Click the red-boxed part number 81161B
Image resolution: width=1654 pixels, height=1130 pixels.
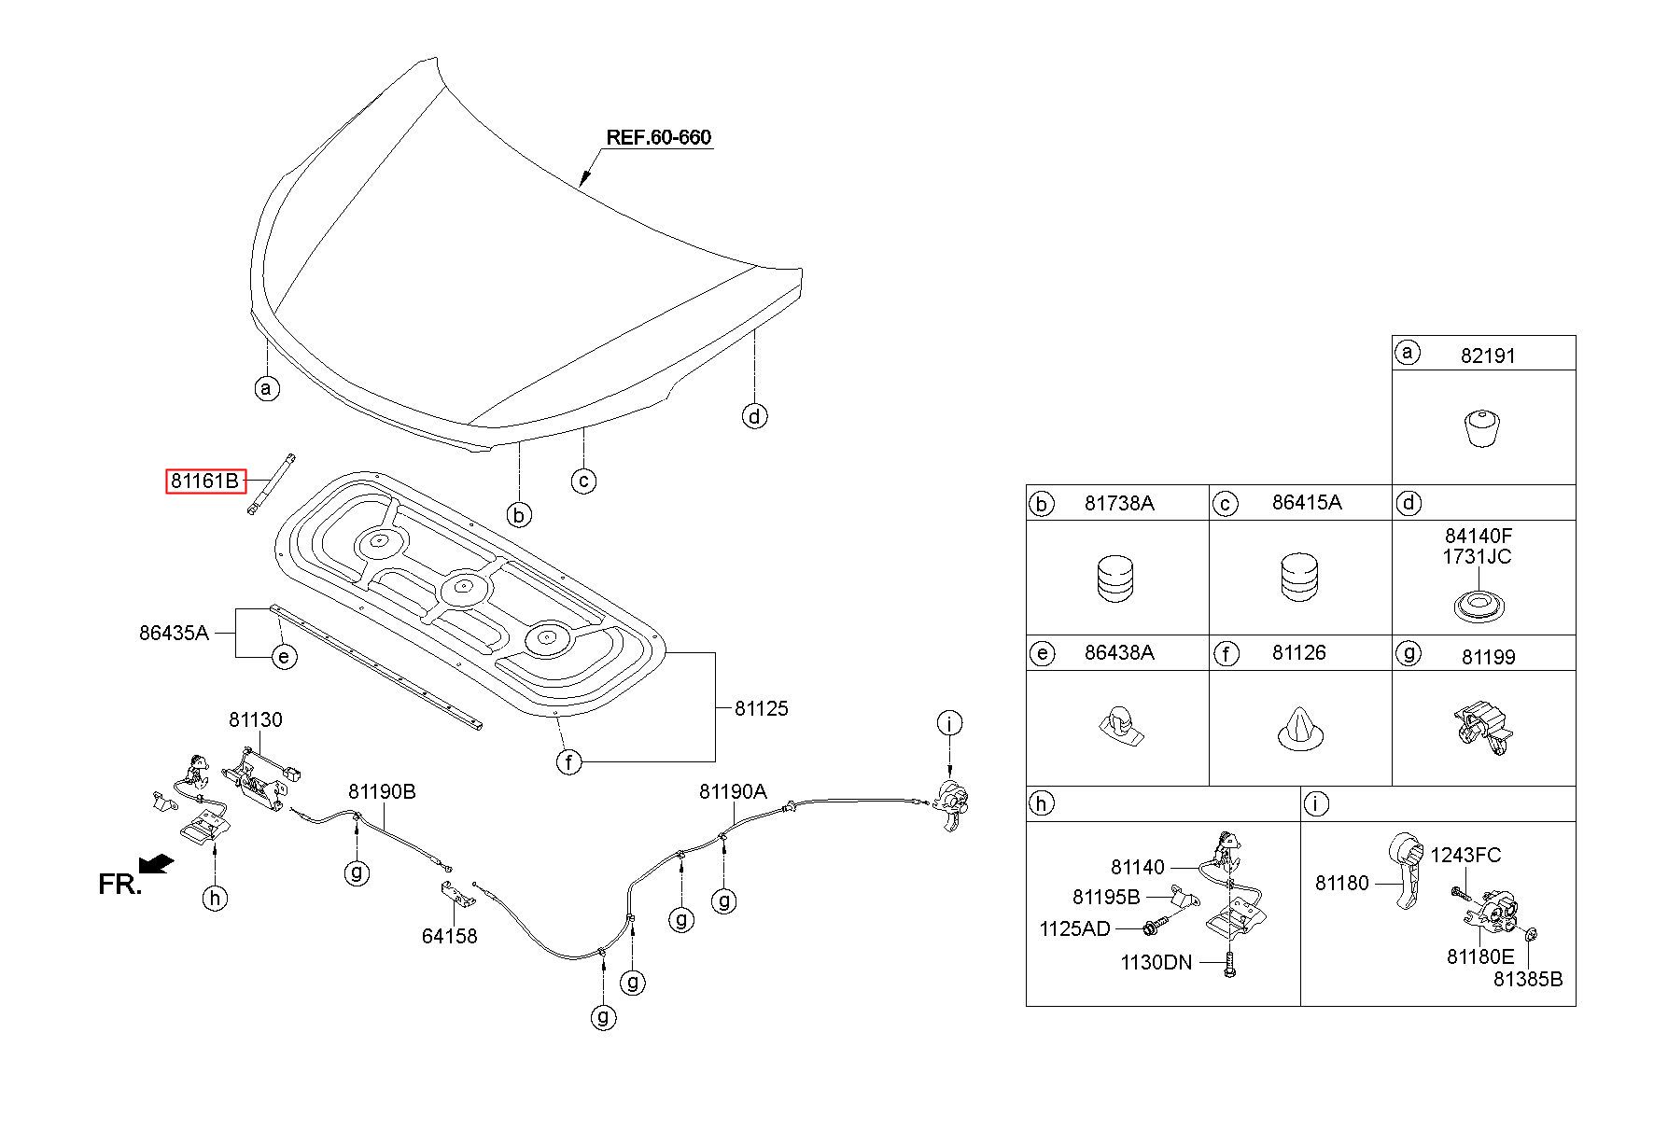[205, 481]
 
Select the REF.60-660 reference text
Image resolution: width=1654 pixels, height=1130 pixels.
[659, 137]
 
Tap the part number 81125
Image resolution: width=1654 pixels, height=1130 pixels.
[761, 708]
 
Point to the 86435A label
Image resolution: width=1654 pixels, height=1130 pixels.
[174, 633]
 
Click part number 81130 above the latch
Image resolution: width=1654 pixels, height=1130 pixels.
[256, 720]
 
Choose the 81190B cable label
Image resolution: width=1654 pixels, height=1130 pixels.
[382, 792]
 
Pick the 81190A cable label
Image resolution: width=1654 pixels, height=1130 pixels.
[733, 792]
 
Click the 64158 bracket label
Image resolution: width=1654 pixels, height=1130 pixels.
[449, 936]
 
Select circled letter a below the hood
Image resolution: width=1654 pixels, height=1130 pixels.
[267, 388]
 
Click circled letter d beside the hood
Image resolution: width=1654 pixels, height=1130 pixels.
[754, 416]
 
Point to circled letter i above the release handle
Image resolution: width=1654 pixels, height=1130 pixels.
[949, 723]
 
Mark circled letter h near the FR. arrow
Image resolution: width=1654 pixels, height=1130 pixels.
[215, 899]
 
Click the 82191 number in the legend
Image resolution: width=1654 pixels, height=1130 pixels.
[1488, 356]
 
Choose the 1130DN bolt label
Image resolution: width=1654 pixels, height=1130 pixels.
[1156, 963]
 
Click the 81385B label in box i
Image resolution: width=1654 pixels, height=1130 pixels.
[1528, 980]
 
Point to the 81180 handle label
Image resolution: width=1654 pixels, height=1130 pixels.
[1342, 883]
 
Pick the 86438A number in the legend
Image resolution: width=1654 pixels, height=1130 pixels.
[1119, 652]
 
